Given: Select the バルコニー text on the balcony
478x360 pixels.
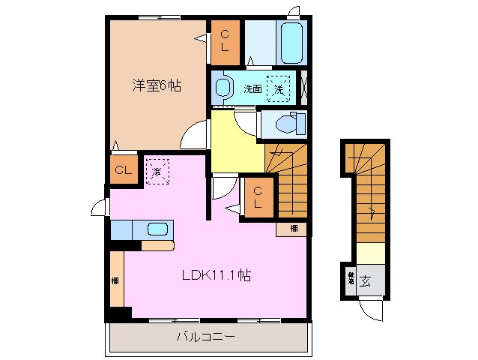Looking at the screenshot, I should pos(205,337).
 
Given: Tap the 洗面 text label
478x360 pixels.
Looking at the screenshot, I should pos(252,89).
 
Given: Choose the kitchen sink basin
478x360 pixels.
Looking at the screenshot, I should pos(157,229).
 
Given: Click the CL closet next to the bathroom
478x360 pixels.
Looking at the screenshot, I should pos(226,41).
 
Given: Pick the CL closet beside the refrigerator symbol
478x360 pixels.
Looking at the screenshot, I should pos(124,170).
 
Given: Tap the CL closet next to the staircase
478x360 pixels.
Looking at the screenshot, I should pos(256,197).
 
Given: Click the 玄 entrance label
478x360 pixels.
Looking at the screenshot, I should pos(366,282).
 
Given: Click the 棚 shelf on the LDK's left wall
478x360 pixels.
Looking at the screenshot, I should pos(116,279).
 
